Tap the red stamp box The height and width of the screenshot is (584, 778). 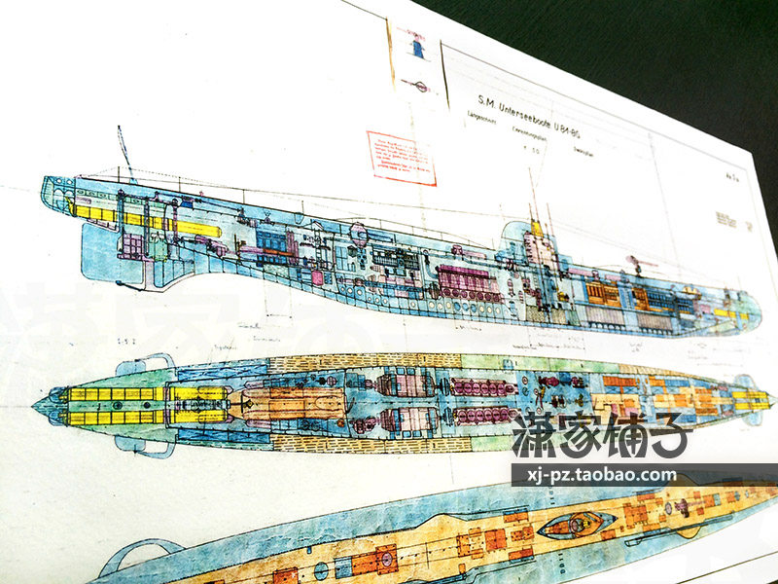(x=401, y=158)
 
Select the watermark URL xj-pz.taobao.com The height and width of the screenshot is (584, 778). (x=594, y=475)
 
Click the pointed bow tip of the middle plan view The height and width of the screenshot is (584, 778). (x=37, y=400)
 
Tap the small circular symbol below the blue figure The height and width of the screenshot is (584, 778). (x=420, y=87)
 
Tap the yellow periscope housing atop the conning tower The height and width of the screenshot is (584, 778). (x=535, y=229)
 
